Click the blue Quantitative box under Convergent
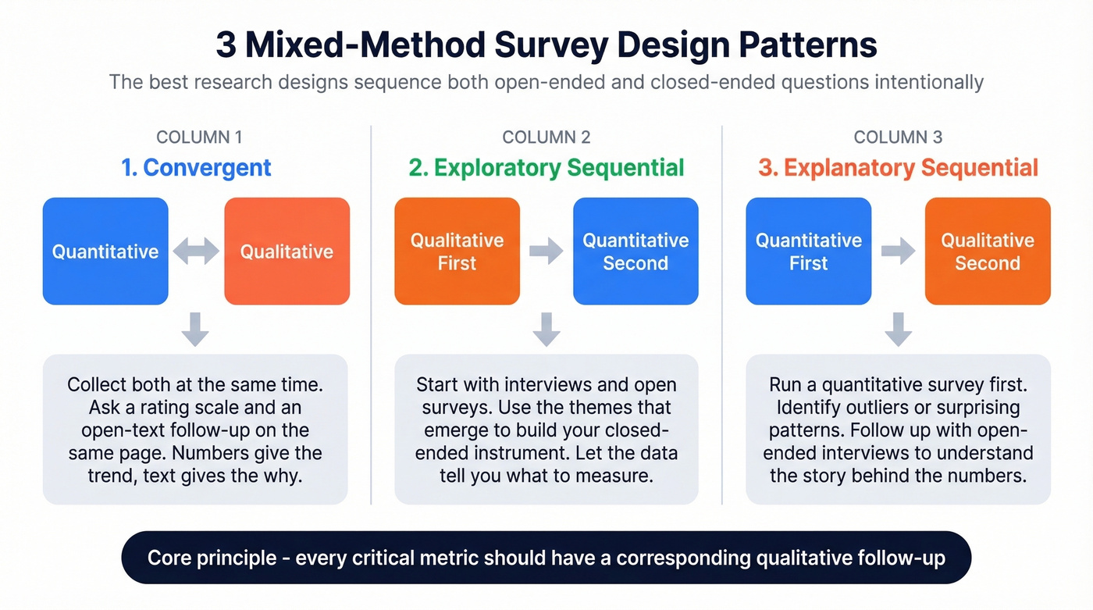pos(105,251)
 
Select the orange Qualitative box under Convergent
pos(287,251)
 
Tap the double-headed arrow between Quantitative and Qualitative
pos(196,251)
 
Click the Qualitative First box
pos(457,251)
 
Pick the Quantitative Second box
pos(636,251)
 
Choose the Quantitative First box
pos(808,251)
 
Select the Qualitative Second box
pos(988,251)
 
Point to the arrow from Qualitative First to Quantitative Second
pos(546,251)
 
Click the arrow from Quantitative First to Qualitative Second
pos(898,251)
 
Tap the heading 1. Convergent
pos(196,167)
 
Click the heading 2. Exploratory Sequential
pos(546,167)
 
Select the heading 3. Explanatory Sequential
pos(898,167)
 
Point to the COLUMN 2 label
pos(546,137)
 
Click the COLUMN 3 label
pos(898,137)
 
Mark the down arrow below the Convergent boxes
pos(195,329)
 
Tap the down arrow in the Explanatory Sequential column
pos(898,329)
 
